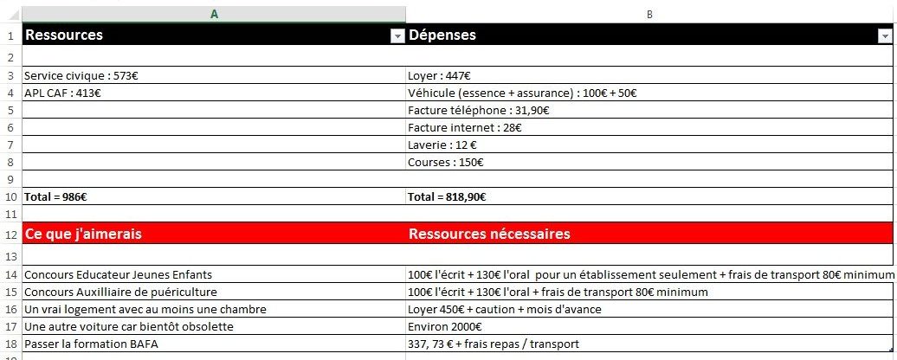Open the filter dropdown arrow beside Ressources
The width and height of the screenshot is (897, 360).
click(397, 36)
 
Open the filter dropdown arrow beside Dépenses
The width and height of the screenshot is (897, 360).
click(885, 36)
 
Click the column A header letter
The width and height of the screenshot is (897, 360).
click(214, 14)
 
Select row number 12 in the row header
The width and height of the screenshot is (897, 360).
click(10, 235)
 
